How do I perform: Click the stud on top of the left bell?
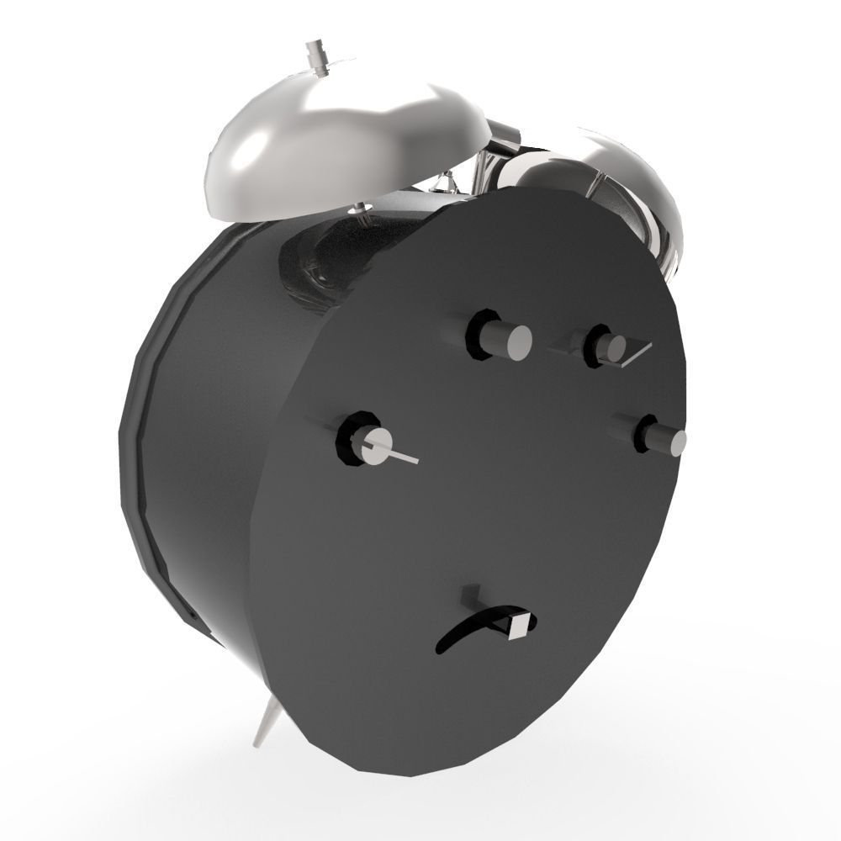pyautogui.click(x=317, y=55)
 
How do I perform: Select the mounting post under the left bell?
pyautogui.click(x=362, y=212)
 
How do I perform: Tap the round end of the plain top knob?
pyautogui.click(x=516, y=340)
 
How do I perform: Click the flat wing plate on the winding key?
pyautogui.click(x=635, y=352)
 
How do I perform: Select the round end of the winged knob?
pyautogui.click(x=618, y=347)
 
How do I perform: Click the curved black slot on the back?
pyautogui.click(x=467, y=631)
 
